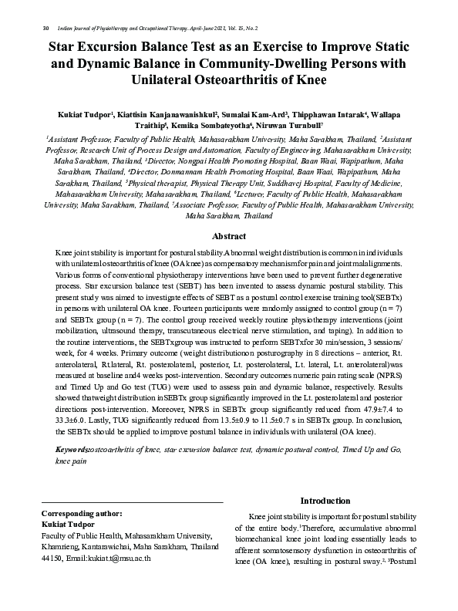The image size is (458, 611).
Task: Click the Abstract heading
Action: point(229,236)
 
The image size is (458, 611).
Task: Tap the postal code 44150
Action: point(51,557)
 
